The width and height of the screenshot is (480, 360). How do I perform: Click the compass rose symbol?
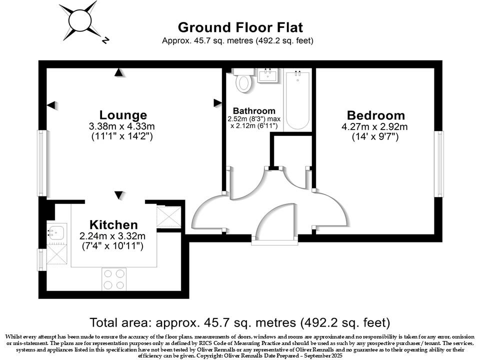[x=78, y=20]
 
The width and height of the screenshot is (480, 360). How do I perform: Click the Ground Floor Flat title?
[x=240, y=27]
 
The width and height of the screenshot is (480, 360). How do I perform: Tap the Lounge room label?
[x=123, y=115]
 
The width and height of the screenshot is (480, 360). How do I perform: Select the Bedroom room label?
[x=376, y=115]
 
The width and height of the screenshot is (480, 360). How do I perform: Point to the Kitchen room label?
[x=113, y=224]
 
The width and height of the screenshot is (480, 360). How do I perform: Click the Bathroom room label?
[x=254, y=111]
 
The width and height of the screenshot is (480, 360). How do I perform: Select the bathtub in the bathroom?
[x=298, y=100]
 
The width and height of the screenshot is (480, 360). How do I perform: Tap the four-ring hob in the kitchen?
[x=114, y=279]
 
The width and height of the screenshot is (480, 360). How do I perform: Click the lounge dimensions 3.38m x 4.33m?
[x=123, y=126]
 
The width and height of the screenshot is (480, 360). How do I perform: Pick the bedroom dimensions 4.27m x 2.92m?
[x=376, y=126]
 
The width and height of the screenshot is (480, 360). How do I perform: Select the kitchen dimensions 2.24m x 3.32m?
[x=113, y=236]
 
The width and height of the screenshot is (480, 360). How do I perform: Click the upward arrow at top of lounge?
[x=118, y=73]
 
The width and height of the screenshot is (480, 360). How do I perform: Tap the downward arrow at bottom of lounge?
[x=118, y=194]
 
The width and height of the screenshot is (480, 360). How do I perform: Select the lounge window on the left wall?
[x=41, y=163]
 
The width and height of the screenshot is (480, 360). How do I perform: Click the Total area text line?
[x=240, y=322]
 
